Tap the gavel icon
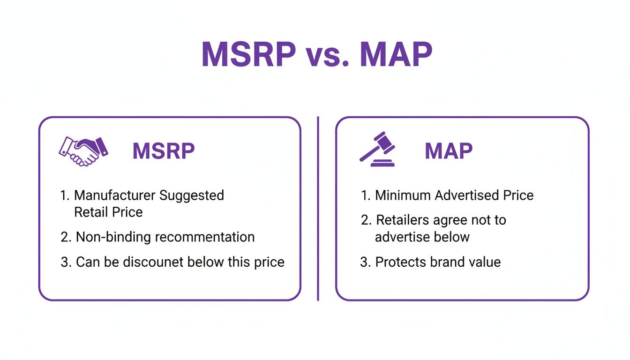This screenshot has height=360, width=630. point(377,149)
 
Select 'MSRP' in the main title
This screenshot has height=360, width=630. point(249,54)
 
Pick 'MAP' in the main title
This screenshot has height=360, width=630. point(396,54)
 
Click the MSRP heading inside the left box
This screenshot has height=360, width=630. point(164,151)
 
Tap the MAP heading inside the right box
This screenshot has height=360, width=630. point(449,151)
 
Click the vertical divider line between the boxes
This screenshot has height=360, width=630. point(318,209)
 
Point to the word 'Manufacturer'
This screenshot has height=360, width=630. point(114,195)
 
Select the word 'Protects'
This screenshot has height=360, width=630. point(400,262)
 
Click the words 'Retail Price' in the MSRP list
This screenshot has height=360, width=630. point(108,212)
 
